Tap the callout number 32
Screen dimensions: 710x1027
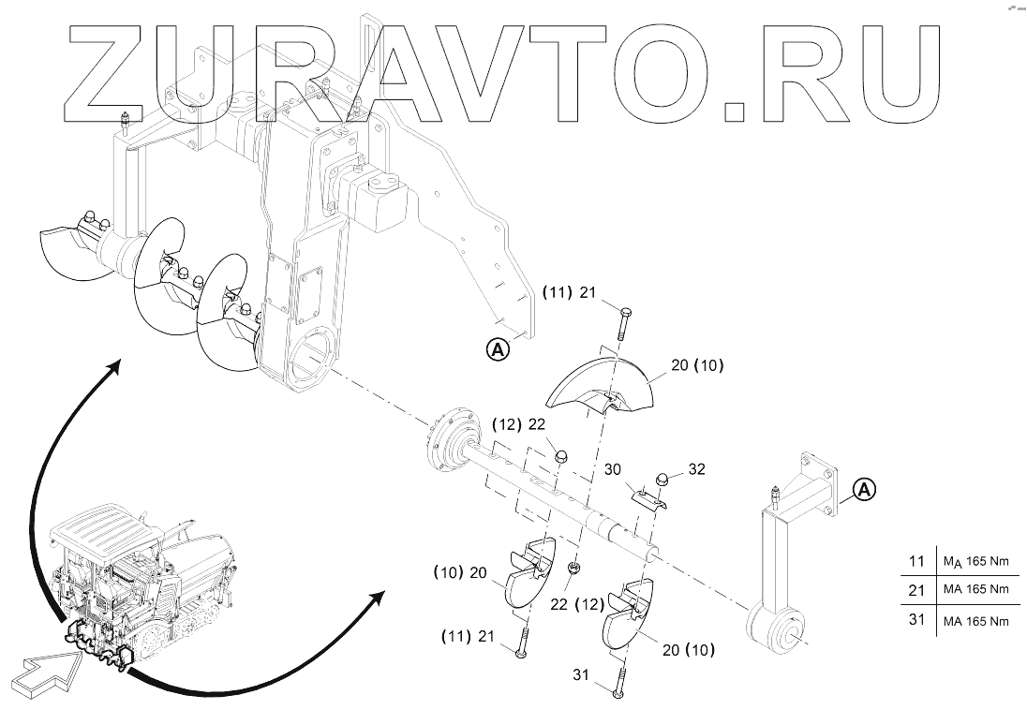pos(696,468)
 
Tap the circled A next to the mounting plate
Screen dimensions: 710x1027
pos(498,349)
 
